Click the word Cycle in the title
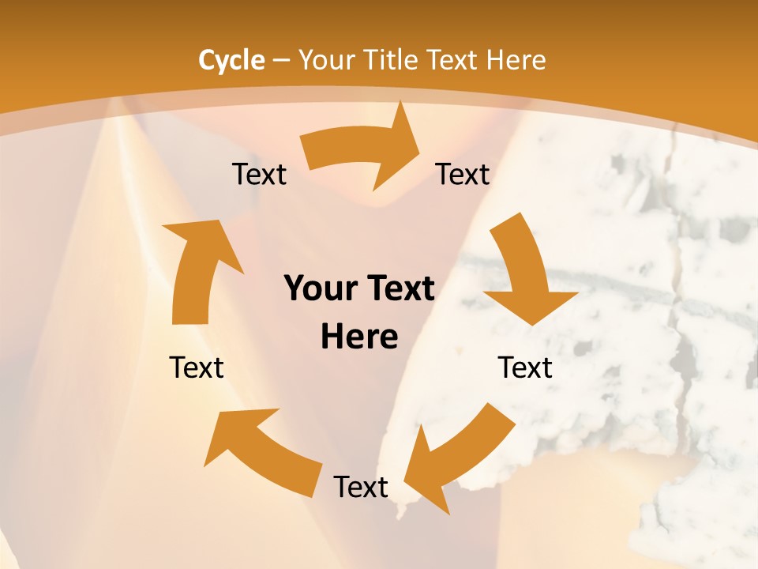point(231,60)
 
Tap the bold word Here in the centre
point(359,337)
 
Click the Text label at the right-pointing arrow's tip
point(463,174)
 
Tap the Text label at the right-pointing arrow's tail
point(259,174)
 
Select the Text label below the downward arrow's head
point(525,367)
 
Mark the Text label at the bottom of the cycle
point(361,487)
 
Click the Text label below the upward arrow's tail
point(197,367)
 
